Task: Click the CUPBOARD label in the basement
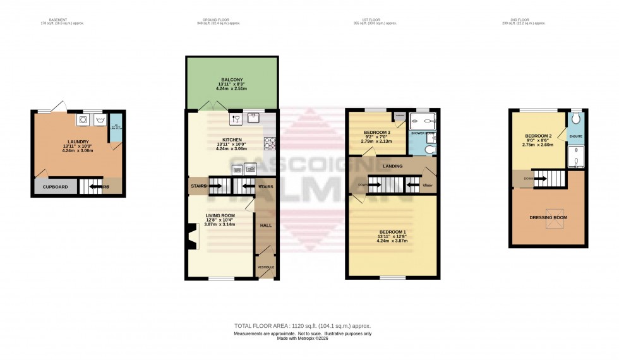click(x=55, y=187)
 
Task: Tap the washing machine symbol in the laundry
click(x=83, y=118)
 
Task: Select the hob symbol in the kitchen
click(x=270, y=143)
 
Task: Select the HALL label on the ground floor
click(x=266, y=224)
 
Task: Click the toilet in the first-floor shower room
click(x=429, y=150)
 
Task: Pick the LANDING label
click(x=393, y=166)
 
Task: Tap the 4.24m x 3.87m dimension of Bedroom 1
click(x=392, y=241)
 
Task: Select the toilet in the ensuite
click(x=575, y=120)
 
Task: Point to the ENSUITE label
click(x=575, y=136)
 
